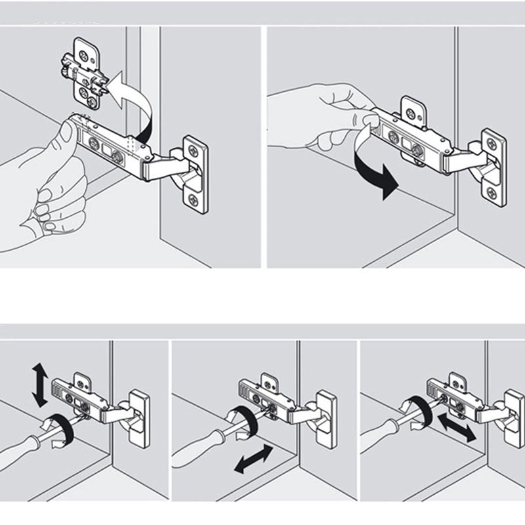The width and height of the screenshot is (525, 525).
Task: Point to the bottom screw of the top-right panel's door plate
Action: click(493, 192)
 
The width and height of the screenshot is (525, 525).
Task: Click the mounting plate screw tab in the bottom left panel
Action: click(82, 380)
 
